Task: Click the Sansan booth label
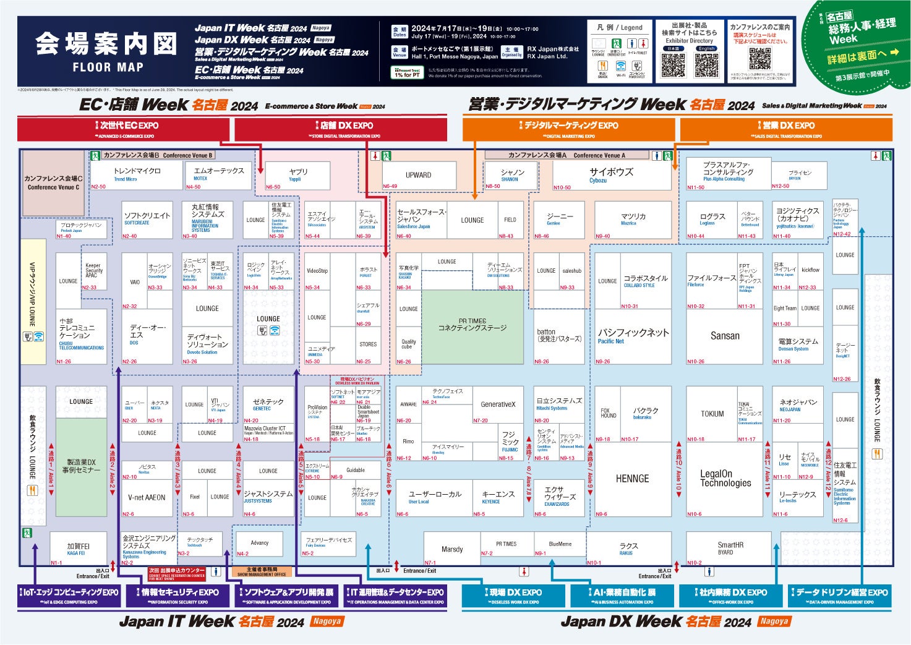coord(724,336)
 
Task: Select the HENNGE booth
coord(632,479)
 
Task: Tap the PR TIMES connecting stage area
coord(472,326)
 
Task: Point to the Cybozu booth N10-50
coord(611,175)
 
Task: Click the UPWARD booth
coord(419,175)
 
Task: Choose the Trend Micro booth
coord(137,174)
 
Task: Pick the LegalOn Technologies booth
coord(725,479)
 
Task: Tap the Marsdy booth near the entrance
coord(452,549)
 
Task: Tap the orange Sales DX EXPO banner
coord(786,129)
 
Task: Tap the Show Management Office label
coord(262,571)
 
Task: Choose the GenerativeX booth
coord(497,404)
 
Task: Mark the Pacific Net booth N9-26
coord(632,336)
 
